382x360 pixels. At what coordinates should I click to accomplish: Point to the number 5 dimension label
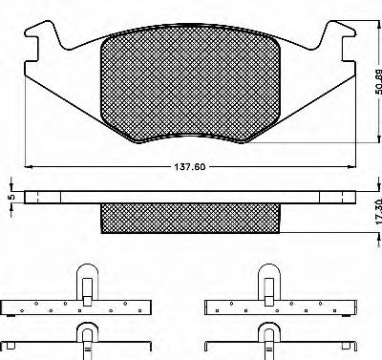10,198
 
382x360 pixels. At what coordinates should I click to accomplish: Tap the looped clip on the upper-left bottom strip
87,283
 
